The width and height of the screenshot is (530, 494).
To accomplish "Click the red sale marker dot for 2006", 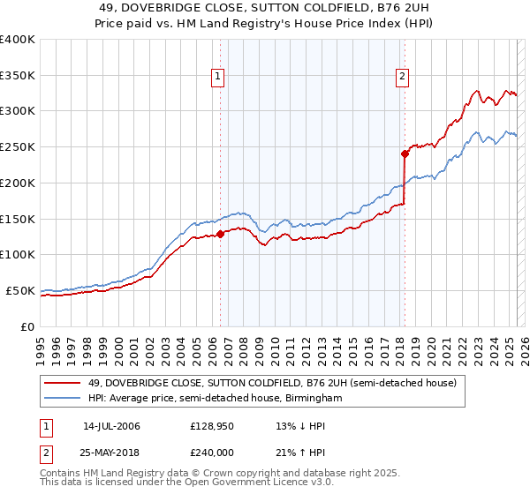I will tap(220, 234).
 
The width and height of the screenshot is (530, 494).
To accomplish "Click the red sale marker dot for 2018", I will tap(405, 153).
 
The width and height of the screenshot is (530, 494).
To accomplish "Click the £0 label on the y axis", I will tap(27, 326).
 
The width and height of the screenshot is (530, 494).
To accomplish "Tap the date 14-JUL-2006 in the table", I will tap(111, 426).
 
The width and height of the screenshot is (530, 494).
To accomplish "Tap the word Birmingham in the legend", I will tap(313, 399).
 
